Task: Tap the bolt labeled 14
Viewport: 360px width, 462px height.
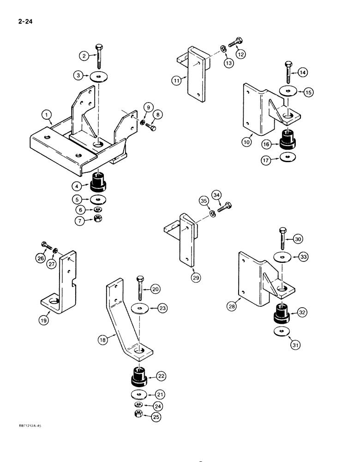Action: point(288,73)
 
